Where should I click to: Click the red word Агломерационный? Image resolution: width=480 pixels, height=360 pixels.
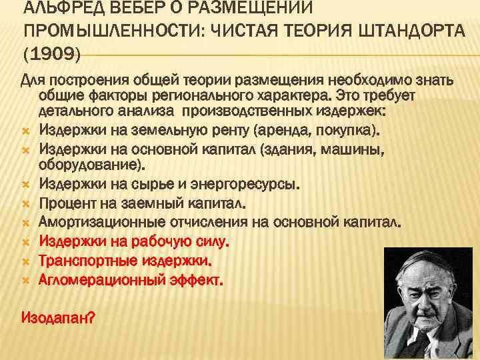pos(101,279)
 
